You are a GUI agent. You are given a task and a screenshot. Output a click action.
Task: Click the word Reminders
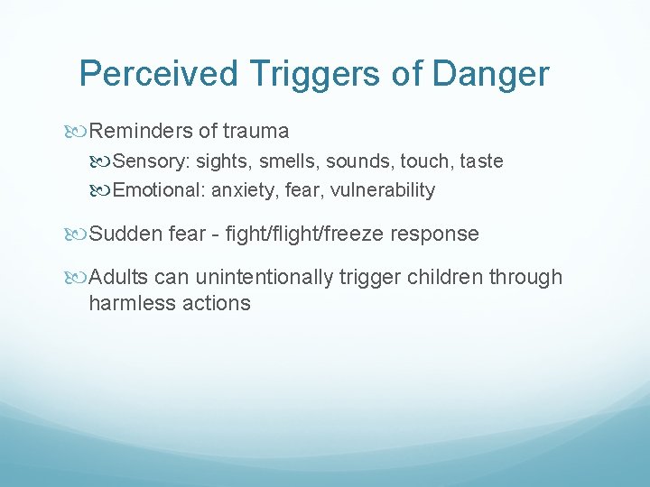tap(142, 132)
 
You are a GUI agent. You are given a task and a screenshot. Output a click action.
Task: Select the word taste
tap(481, 161)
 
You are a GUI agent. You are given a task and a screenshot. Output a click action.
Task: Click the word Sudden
tap(126, 234)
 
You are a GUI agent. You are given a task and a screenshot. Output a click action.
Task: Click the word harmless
tap(126, 302)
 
